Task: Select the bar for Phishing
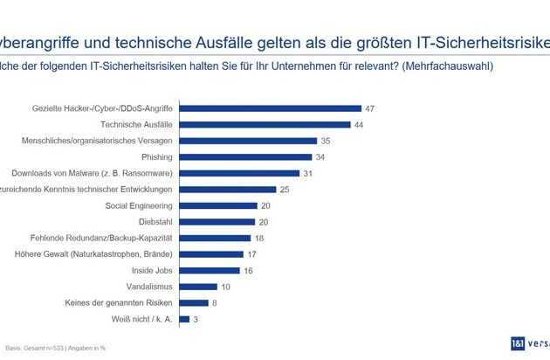(245, 157)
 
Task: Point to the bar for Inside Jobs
(210, 271)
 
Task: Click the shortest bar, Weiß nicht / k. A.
(184, 319)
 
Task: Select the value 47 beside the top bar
(371, 108)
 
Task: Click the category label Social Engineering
(140, 205)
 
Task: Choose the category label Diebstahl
(154, 222)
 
